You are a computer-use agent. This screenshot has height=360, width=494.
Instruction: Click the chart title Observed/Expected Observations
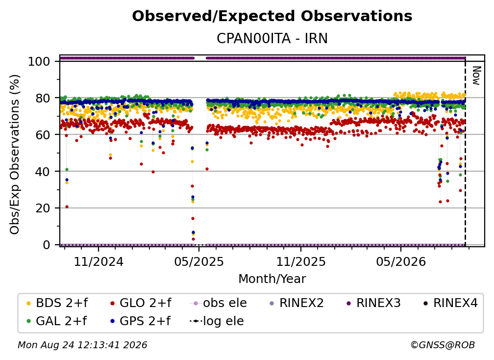click(x=272, y=16)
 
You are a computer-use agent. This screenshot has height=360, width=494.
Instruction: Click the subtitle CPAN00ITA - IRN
click(x=272, y=38)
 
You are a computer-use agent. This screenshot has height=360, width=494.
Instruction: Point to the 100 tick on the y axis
click(x=39, y=61)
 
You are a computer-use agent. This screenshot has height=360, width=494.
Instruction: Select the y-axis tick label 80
click(x=43, y=98)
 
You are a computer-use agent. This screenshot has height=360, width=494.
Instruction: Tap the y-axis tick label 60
click(x=43, y=134)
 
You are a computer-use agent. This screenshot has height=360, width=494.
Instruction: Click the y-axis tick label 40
click(x=43, y=172)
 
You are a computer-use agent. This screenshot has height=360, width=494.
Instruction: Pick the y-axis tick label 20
click(x=43, y=208)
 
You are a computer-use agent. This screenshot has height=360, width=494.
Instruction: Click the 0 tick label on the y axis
click(x=47, y=245)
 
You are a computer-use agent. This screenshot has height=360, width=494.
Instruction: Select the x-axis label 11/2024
click(x=99, y=261)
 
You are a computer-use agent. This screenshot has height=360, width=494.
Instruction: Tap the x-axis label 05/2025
click(x=199, y=261)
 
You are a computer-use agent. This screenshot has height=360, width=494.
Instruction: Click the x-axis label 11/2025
click(x=301, y=261)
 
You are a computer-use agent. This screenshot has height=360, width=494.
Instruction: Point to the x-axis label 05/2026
click(x=401, y=261)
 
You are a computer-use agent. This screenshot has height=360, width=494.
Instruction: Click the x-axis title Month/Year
click(x=272, y=279)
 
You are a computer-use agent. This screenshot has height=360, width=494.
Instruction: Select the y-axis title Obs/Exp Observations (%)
click(x=15, y=154)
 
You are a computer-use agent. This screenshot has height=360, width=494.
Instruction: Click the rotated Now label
click(x=476, y=76)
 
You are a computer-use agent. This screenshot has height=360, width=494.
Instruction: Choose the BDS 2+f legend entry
click(x=57, y=303)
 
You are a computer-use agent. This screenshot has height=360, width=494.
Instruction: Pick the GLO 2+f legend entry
click(x=141, y=303)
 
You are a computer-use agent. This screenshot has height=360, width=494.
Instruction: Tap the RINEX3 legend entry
click(x=373, y=303)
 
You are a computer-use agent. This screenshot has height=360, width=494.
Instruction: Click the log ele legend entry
click(x=217, y=321)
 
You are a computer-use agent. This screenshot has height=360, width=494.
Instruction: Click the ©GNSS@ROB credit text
click(x=443, y=345)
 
